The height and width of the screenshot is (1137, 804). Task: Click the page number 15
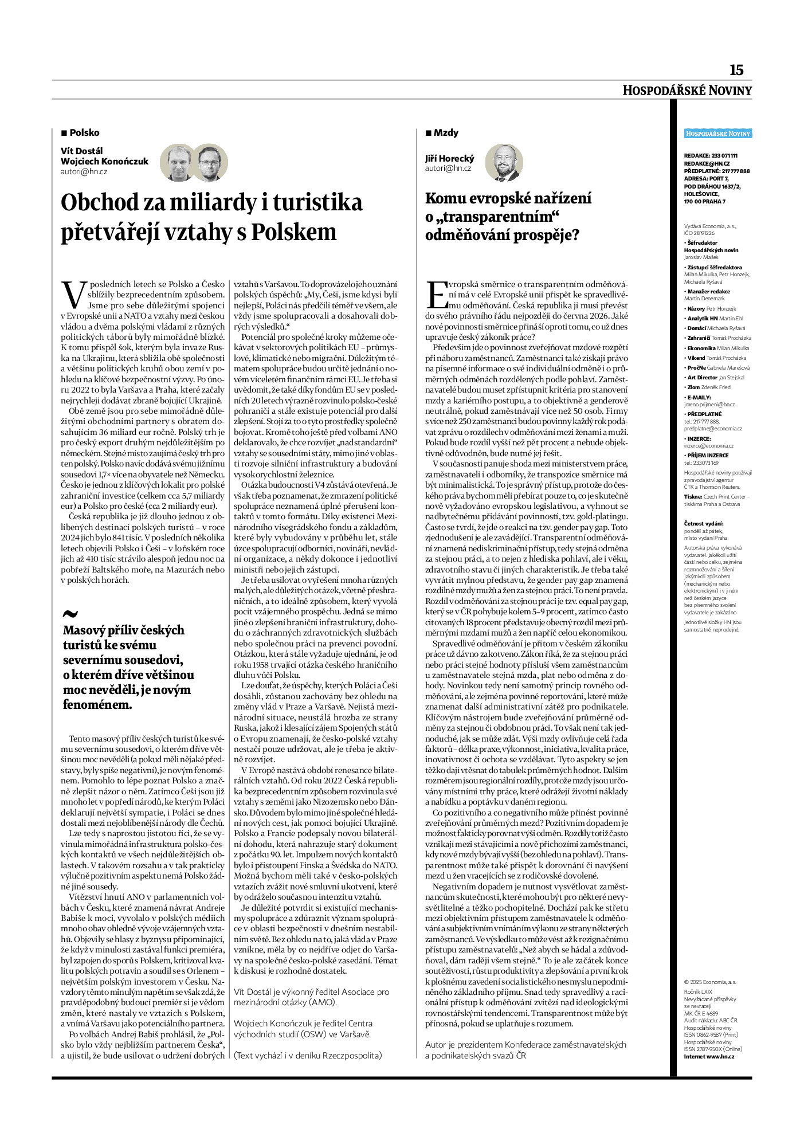coord(736,70)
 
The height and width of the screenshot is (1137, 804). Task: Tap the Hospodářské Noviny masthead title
coord(687,91)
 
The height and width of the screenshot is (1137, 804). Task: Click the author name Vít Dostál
coord(82,151)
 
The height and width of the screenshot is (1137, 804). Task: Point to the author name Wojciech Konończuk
coord(104,161)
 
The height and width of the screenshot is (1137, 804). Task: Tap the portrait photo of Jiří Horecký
coord(504,163)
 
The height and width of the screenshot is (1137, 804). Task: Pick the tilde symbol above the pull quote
coord(70,614)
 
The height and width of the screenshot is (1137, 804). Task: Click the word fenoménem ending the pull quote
coord(97,705)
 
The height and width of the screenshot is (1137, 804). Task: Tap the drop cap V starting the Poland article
coord(73,295)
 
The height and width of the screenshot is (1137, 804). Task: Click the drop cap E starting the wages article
coord(436,295)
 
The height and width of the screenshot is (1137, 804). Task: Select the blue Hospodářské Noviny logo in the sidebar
coord(717,134)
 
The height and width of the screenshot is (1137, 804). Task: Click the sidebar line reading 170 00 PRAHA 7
coord(704,202)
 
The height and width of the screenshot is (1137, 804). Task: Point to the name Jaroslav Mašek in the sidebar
coord(701,257)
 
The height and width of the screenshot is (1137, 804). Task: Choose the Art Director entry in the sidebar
coord(708,378)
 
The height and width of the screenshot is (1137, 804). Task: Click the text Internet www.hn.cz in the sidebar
coord(709,1056)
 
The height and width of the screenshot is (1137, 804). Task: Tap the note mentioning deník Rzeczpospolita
coord(308,1055)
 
